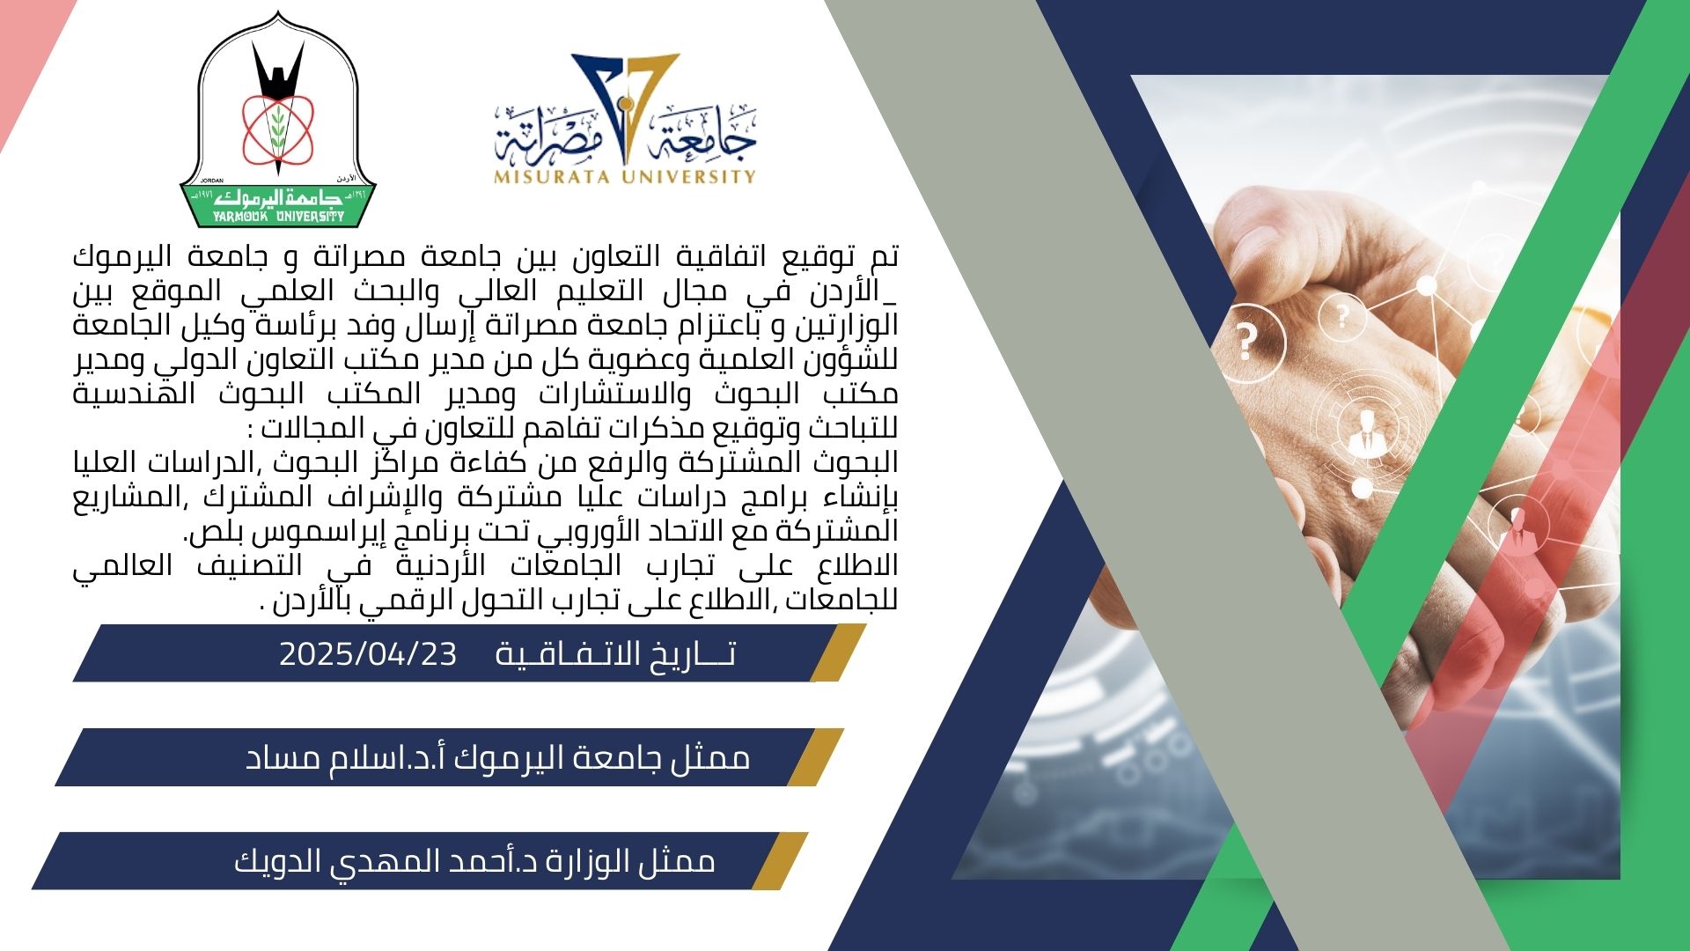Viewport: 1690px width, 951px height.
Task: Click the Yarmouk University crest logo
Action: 278,120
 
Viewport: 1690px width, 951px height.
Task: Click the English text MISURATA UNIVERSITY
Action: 625,176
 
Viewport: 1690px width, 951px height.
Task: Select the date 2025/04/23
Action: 368,654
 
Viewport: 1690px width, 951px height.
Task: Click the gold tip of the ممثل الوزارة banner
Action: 780,861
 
